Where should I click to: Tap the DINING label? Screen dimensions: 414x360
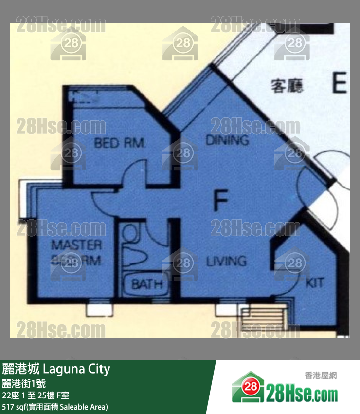coord(227,140)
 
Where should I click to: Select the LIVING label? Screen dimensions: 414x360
coord(226,261)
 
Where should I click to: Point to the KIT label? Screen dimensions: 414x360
coord(314,282)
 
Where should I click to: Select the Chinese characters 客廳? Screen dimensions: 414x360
coord(287,86)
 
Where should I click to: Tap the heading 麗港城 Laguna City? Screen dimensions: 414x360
coord(56,369)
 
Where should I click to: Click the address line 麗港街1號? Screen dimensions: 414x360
coord(24,383)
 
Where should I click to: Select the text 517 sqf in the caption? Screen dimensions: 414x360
coord(15,406)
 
